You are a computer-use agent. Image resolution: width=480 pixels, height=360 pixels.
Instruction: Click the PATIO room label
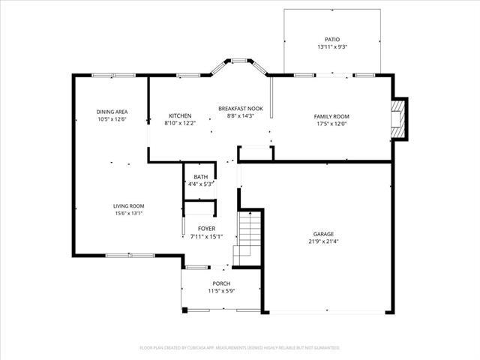tap(331, 40)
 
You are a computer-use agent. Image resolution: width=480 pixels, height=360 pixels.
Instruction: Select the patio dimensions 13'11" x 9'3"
tap(331, 47)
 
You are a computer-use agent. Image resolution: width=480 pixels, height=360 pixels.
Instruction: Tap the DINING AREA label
tap(112, 112)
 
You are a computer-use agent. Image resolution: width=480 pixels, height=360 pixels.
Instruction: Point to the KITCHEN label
tap(180, 115)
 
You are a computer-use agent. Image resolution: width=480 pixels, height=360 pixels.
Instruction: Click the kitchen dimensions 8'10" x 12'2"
tap(180, 123)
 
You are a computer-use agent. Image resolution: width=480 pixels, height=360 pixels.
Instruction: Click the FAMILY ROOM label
tap(331, 116)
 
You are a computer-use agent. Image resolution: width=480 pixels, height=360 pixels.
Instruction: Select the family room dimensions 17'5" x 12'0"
tap(331, 124)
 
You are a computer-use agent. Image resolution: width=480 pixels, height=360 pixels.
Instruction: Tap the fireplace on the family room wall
tap(400, 118)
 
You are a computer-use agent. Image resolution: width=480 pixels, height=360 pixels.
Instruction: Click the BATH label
tap(200, 176)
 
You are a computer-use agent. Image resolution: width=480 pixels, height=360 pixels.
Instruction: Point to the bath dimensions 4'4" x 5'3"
tap(200, 184)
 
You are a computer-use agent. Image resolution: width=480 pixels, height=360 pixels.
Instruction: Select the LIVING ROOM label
tap(129, 205)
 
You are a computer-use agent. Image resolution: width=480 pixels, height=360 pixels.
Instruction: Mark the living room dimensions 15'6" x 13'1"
tap(129, 213)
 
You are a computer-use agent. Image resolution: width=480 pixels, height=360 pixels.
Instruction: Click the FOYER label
tap(207, 228)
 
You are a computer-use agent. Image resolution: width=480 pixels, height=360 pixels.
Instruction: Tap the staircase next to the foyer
tap(248, 236)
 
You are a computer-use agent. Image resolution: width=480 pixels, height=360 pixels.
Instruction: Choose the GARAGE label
tap(324, 233)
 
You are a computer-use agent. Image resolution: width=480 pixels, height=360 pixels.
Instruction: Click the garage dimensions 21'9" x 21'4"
tap(324, 241)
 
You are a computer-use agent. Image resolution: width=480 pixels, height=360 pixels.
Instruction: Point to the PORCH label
tap(221, 283)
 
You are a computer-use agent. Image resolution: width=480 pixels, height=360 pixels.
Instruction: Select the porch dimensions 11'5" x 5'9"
tap(221, 290)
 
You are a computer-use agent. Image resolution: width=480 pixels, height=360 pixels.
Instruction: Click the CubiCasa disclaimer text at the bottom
tap(240, 348)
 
